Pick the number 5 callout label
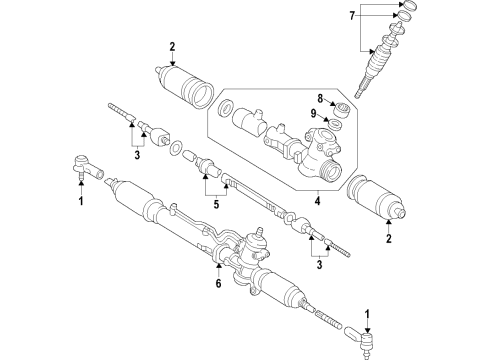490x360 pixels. [x=212, y=206]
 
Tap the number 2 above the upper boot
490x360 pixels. [x=172, y=47]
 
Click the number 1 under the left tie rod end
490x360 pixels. [x=82, y=201]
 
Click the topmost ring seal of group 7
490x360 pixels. [x=408, y=9]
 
